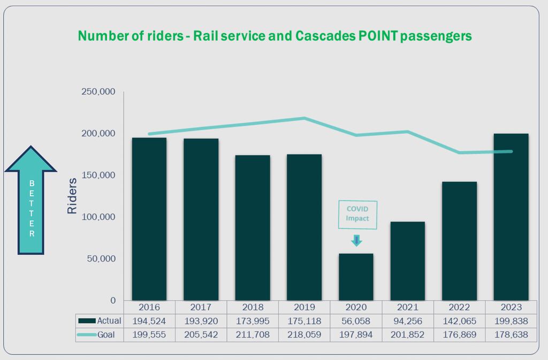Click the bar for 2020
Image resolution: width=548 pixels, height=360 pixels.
pyautogui.click(x=356, y=277)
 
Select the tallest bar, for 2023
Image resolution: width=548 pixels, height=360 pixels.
pyautogui.click(x=511, y=217)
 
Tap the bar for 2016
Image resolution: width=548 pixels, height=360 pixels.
pyautogui.click(x=149, y=219)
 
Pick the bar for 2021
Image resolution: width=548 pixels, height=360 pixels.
pyautogui.click(x=407, y=261)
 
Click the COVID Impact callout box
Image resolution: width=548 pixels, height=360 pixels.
pyautogui.click(x=357, y=215)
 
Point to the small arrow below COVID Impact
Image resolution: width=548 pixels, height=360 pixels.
pyautogui.click(x=356, y=240)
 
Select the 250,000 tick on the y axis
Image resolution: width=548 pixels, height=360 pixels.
pyautogui.click(x=98, y=91)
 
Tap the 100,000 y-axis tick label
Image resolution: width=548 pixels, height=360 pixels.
pyautogui.click(x=98, y=217)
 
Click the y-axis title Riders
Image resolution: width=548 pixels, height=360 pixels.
pyautogui.click(x=72, y=196)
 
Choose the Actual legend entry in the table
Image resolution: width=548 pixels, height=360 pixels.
pyautogui.click(x=100, y=321)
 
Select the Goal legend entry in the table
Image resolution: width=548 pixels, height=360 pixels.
pyautogui.click(x=100, y=335)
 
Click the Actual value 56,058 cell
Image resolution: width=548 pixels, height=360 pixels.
pyautogui.click(x=356, y=321)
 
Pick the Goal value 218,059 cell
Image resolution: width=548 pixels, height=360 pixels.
pyautogui.click(x=304, y=335)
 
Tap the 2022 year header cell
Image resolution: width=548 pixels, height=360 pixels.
pyautogui.click(x=459, y=307)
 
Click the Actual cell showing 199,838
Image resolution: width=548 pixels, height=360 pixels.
pyautogui.click(x=511, y=321)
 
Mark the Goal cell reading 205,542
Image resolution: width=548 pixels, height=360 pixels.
pyautogui.click(x=201, y=335)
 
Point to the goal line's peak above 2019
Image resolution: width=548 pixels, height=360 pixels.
pyautogui.click(x=305, y=118)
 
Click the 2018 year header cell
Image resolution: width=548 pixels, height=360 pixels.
pyautogui.click(x=253, y=307)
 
